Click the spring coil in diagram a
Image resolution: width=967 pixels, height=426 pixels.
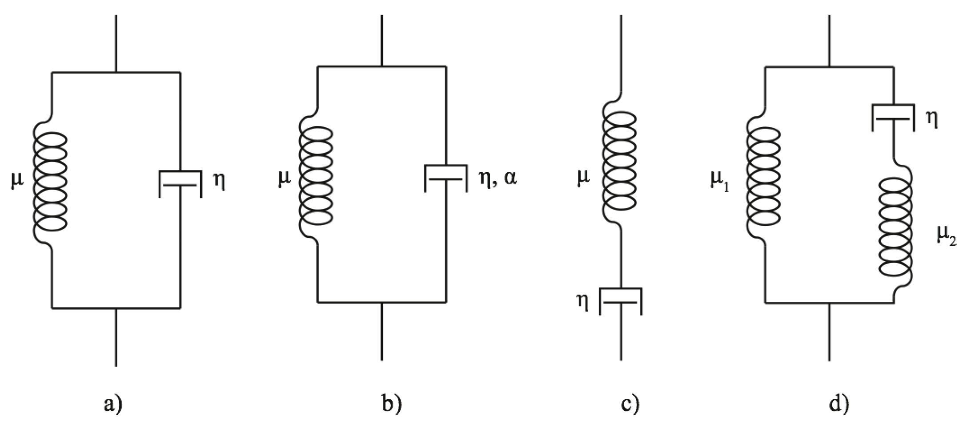50,182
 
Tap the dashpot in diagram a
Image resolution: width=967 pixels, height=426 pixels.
181,183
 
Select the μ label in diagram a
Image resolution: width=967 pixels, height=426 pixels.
17,182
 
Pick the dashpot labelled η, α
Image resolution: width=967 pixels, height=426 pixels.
445,178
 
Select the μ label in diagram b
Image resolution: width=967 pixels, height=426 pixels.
284,178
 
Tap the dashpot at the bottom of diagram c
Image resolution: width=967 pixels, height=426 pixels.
621,301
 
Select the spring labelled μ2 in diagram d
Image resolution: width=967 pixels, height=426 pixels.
895,227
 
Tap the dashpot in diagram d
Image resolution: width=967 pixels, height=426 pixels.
893,118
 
